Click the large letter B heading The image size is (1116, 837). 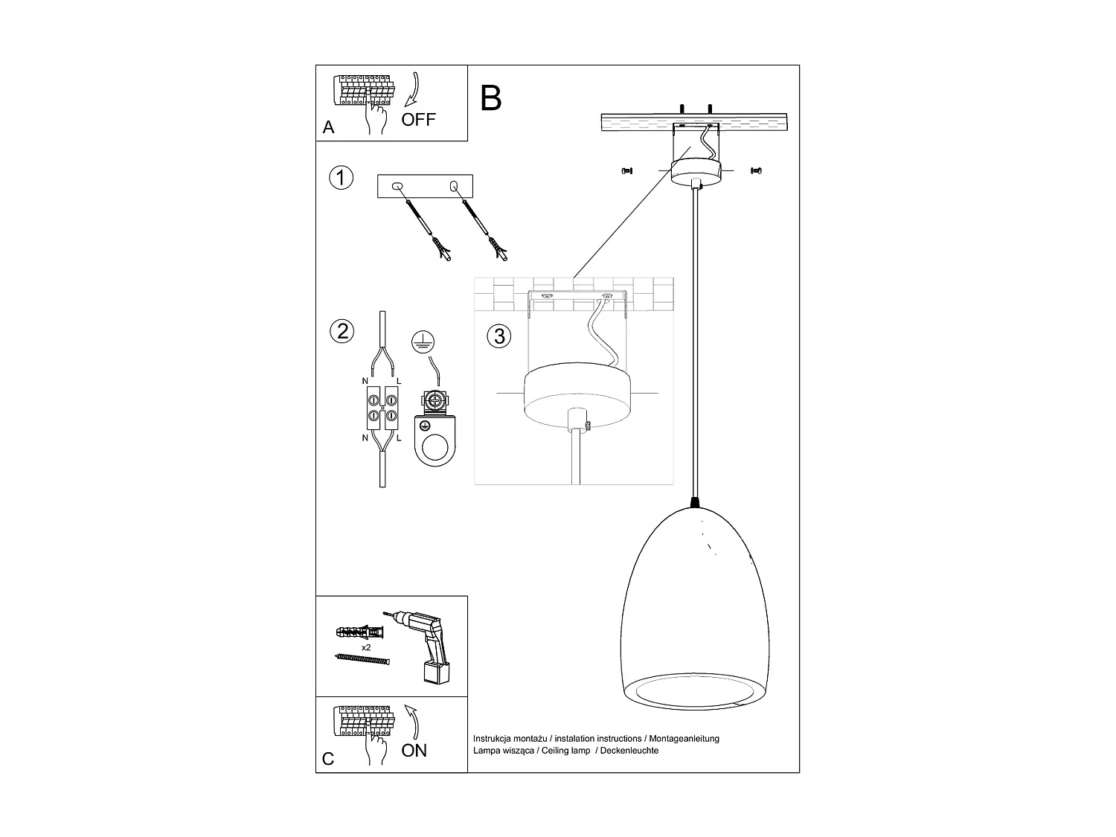coord(491,98)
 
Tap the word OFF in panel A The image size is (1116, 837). coord(419,119)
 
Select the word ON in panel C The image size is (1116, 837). coord(414,751)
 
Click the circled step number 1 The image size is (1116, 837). coord(341,179)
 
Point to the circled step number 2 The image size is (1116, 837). coord(341,331)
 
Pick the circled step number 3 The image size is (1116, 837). coord(498,336)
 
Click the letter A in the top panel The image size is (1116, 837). coord(329,128)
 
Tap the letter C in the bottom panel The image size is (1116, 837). coord(328,760)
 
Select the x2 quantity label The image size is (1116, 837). coord(366,648)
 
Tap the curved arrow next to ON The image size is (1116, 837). coord(412,722)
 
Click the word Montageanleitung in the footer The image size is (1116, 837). coord(684,739)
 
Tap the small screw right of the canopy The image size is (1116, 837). coord(757,170)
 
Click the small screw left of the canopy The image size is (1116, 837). coord(626,170)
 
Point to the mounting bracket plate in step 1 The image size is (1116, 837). coord(425,187)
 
